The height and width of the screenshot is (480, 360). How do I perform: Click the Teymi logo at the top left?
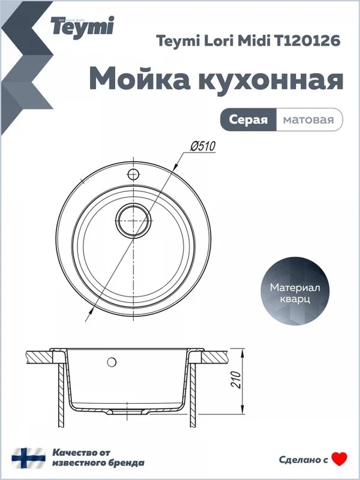(82, 26)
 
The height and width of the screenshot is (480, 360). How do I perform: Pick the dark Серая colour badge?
(248, 119)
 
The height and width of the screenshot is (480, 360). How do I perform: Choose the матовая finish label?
(308, 119)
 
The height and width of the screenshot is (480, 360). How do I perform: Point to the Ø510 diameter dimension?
(203, 146)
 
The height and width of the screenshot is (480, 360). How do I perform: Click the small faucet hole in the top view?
(133, 175)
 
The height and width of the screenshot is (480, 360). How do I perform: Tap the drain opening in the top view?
(134, 221)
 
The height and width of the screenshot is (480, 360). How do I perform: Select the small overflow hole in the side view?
(112, 362)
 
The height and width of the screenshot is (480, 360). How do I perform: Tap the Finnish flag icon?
(28, 458)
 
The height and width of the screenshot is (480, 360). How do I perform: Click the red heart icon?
(340, 459)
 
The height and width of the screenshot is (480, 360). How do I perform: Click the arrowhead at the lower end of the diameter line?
(91, 311)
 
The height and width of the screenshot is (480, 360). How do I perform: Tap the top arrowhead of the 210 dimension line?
(242, 352)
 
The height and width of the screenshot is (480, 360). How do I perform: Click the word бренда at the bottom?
(127, 463)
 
